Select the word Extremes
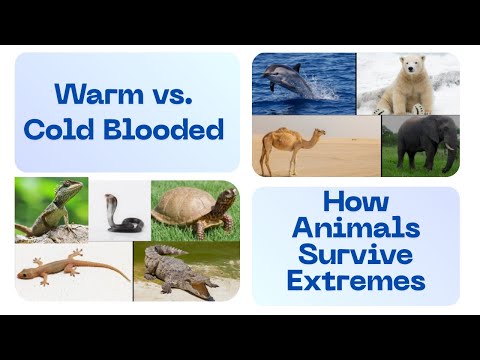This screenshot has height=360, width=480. tap(355, 281)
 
